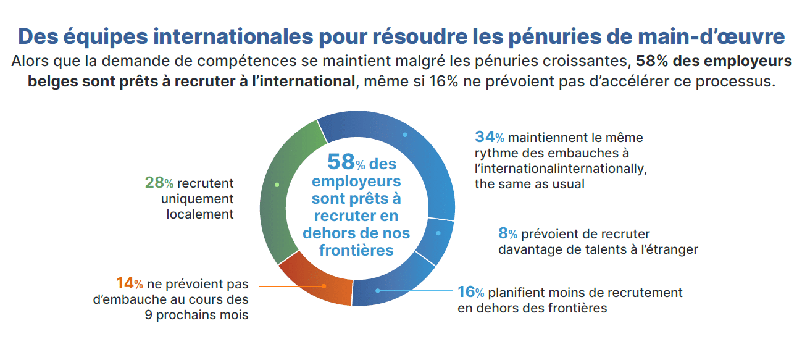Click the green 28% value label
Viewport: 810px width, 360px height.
click(158, 183)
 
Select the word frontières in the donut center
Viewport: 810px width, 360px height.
click(357, 251)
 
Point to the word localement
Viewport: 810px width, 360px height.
click(200, 214)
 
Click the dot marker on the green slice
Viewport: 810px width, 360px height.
click(277, 184)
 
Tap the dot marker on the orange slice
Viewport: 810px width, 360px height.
click(324, 286)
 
